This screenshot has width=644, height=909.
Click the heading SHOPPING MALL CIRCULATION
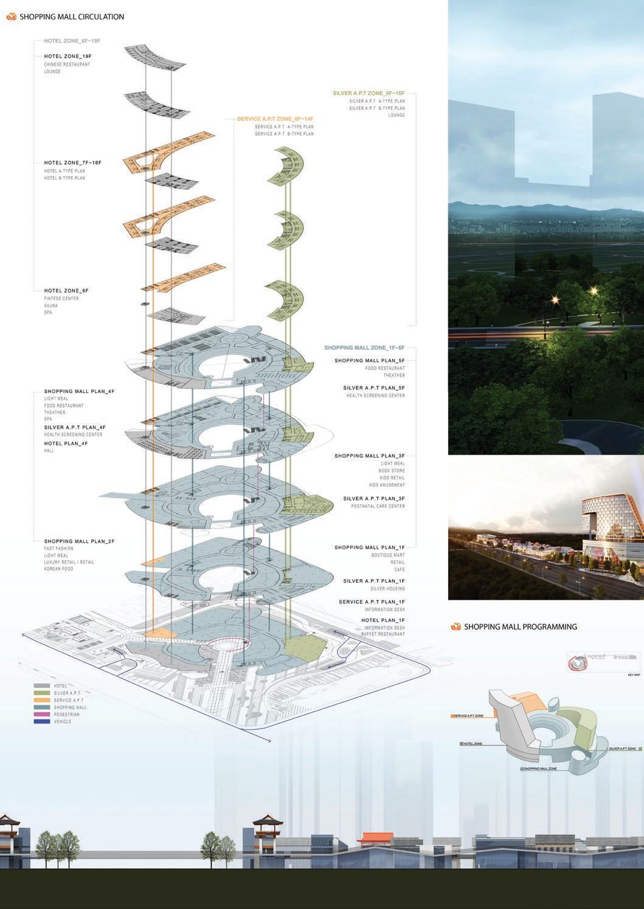tap(72, 17)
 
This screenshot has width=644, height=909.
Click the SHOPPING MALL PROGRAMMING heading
tap(520, 626)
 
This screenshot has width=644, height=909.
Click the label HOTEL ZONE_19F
tap(68, 56)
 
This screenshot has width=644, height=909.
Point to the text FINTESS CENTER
tap(61, 298)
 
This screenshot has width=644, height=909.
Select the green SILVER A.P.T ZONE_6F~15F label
tap(369, 94)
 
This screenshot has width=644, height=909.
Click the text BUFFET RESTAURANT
tap(385, 634)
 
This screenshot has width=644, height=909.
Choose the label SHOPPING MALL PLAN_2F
tap(79, 541)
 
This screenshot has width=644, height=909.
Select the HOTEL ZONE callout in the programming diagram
tap(472, 743)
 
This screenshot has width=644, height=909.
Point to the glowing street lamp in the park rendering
tap(555, 298)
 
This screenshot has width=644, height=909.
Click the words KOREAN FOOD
tap(58, 569)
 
